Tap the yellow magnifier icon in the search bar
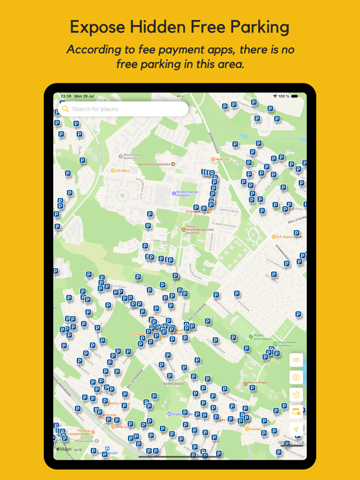coord(66,109)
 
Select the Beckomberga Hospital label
coord(186,194)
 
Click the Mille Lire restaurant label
coord(222,159)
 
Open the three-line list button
coord(296,360)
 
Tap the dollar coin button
coord(296,377)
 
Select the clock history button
coord(296,394)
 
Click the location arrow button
coord(296,429)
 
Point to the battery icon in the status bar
coord(295,96)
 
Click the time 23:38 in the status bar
coord(66,96)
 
